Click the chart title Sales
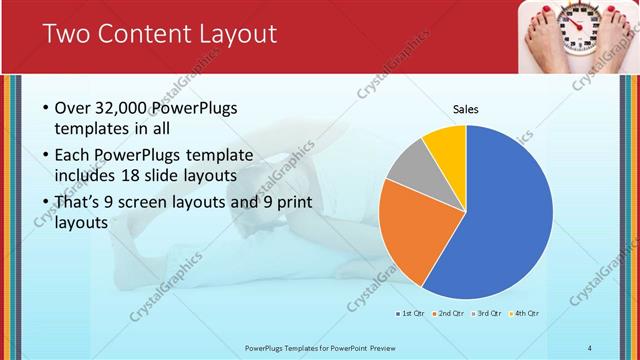tap(466, 108)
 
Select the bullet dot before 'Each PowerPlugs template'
tap(46, 156)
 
